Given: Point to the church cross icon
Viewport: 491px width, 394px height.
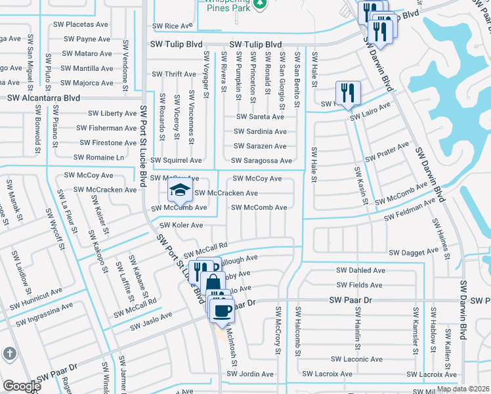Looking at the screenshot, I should (9, 354).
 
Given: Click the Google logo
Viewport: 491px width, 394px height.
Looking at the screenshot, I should (21, 386).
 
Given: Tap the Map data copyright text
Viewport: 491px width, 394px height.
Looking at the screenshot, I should (463, 389).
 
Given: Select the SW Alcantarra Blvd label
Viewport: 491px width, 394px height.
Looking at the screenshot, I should (43, 97).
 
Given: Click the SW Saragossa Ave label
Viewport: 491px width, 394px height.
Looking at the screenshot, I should (261, 161).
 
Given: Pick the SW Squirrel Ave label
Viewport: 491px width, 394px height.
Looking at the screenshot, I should (177, 160).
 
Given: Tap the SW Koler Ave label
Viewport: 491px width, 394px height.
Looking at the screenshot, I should (182, 225).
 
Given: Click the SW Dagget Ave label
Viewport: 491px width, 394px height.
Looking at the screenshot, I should (413, 252).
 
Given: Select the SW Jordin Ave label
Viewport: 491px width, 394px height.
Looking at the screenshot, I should (251, 374).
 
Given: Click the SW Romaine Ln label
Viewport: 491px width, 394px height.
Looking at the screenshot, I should (98, 158).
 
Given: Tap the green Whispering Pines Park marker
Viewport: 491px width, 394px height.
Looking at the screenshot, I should (261, 5).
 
